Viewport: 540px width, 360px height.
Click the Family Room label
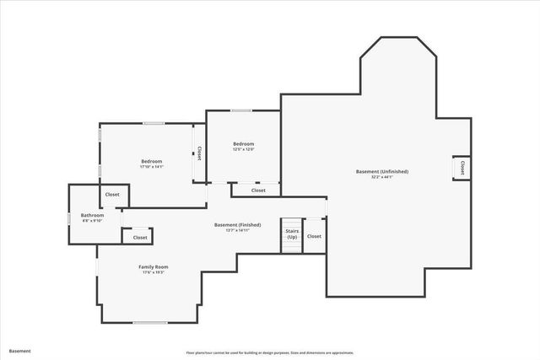pos(154,267)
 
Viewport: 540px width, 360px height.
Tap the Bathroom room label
pos(93,214)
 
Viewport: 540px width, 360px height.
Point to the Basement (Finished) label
pos(237,225)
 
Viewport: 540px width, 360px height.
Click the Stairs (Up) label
pos(292,234)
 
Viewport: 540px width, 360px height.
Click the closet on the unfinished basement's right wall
pos(462,169)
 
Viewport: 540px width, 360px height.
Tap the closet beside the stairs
pos(314,236)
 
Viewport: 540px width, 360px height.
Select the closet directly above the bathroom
pos(112,195)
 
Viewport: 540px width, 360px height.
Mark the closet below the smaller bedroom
pos(258,191)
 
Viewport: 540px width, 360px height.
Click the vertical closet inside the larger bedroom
pos(199,153)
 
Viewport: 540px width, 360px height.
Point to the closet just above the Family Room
pos(140,238)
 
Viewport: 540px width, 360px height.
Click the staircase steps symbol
pos(291,245)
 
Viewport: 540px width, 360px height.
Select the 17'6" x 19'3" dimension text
pos(154,273)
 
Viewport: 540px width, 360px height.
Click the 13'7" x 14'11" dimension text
pos(237,230)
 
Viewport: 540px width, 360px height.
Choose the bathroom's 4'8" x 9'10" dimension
pos(93,219)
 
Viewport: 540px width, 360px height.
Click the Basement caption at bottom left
pos(20,351)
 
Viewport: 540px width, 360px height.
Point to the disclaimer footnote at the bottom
pos(270,352)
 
